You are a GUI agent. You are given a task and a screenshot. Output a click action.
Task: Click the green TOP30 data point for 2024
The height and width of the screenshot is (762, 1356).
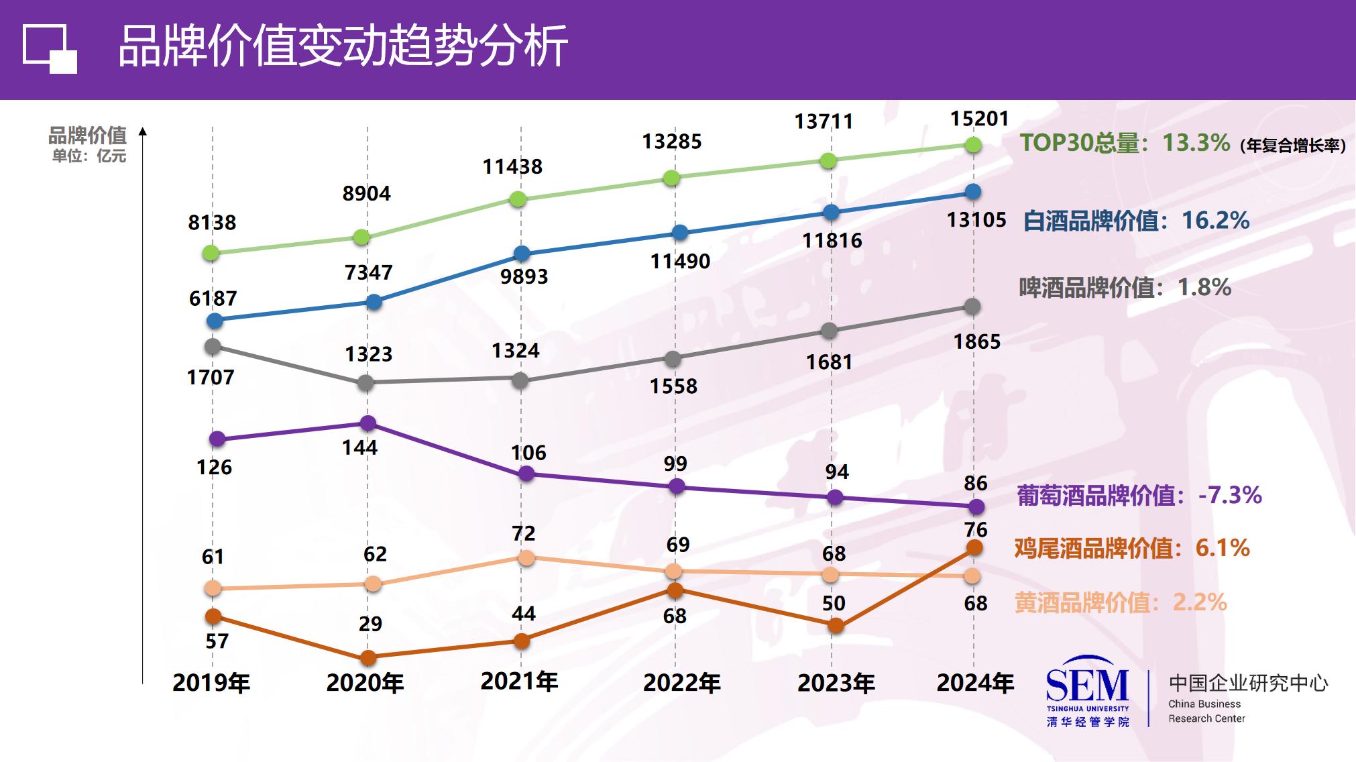click(x=973, y=145)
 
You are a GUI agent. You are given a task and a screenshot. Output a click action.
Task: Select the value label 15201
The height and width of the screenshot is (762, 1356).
click(x=979, y=119)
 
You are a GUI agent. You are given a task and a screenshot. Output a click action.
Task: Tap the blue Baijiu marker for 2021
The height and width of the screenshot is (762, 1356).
click(x=522, y=254)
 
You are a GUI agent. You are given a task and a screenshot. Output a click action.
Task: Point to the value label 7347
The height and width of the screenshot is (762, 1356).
click(x=368, y=272)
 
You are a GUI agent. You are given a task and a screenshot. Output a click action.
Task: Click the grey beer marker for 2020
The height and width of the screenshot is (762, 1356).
click(x=365, y=383)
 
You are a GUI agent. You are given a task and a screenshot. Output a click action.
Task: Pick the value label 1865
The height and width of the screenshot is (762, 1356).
click(x=976, y=341)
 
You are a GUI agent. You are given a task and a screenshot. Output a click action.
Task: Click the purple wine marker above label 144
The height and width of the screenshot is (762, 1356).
click(x=368, y=423)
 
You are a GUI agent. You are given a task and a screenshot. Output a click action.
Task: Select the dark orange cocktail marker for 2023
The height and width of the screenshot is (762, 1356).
click(x=836, y=626)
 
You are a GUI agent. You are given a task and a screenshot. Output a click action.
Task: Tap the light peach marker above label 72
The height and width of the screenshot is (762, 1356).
click(x=526, y=557)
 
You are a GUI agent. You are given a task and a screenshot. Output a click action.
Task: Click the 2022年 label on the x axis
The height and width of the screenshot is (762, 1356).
click(x=681, y=683)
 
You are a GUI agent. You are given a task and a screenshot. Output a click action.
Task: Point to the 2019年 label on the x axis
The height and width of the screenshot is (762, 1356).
click(x=211, y=683)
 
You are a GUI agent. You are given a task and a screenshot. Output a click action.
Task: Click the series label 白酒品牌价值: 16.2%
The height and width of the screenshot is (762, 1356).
click(x=1136, y=221)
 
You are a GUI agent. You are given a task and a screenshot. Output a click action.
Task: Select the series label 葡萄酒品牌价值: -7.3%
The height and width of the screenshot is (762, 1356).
click(x=1139, y=496)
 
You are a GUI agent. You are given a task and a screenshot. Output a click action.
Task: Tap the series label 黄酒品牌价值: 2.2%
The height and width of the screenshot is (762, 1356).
click(x=1120, y=602)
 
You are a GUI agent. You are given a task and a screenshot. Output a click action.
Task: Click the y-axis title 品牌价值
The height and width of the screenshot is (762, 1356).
click(x=87, y=136)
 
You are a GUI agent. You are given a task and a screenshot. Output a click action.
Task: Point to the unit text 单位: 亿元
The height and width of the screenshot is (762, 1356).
click(x=89, y=156)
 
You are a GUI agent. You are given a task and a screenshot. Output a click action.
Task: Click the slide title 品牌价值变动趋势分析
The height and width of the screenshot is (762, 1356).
click(x=343, y=47)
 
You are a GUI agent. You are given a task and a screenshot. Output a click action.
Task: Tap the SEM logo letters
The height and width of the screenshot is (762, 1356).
click(x=1087, y=685)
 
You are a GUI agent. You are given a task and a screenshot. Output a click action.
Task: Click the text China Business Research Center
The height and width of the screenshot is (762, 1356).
click(x=1206, y=711)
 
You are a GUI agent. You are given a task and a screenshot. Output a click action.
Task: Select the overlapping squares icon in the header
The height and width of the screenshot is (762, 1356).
click(x=50, y=49)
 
